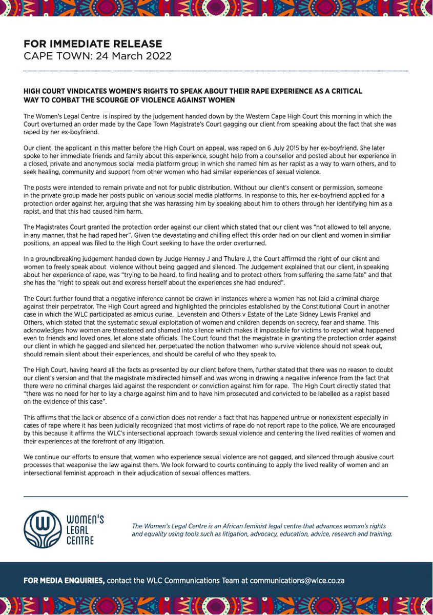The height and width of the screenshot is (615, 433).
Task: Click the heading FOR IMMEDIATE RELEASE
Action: click(93, 44)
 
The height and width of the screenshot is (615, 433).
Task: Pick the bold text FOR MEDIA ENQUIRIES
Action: click(64, 581)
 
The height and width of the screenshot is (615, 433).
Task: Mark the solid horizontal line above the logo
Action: click(216, 496)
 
